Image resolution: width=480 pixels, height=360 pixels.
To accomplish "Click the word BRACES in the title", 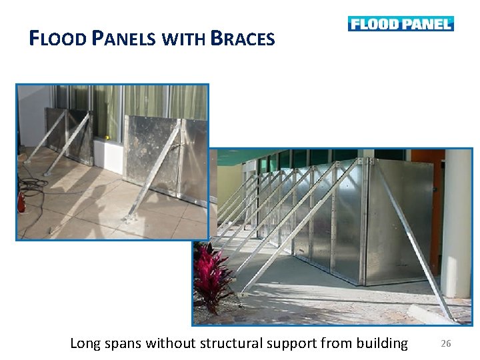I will click(242, 39).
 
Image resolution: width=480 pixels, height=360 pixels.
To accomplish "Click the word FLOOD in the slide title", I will click(58, 39).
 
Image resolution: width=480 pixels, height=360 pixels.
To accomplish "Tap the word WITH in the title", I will click(182, 39).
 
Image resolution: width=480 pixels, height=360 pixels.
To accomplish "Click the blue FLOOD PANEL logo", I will click(400, 24).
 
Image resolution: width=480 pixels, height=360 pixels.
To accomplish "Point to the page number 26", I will click(446, 344).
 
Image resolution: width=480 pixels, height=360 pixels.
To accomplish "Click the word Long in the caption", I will click(85, 344).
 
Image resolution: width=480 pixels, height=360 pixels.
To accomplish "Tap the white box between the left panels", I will click(108, 154).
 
